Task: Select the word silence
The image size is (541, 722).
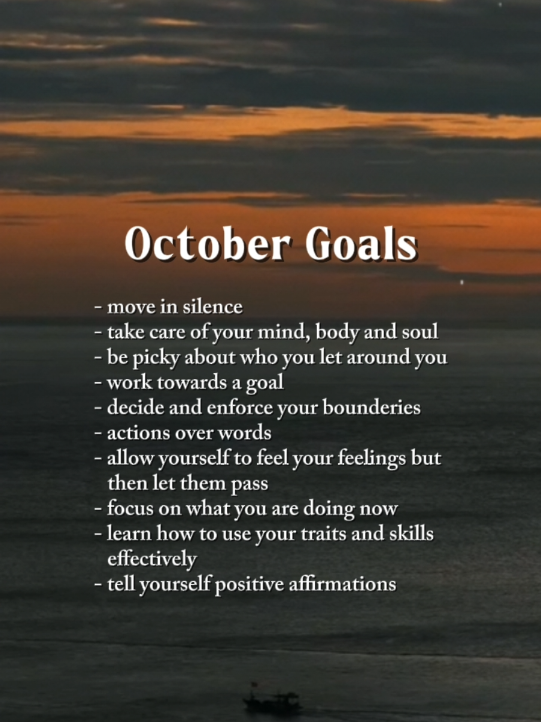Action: pos(213,307)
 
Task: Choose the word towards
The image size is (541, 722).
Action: pos(192,383)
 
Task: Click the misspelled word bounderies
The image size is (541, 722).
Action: pos(372,408)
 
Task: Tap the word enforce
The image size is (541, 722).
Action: pos(240,408)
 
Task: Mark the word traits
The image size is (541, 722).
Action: pos(323,534)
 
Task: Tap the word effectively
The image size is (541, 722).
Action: pos(152,559)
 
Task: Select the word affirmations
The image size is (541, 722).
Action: pos(342,584)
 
